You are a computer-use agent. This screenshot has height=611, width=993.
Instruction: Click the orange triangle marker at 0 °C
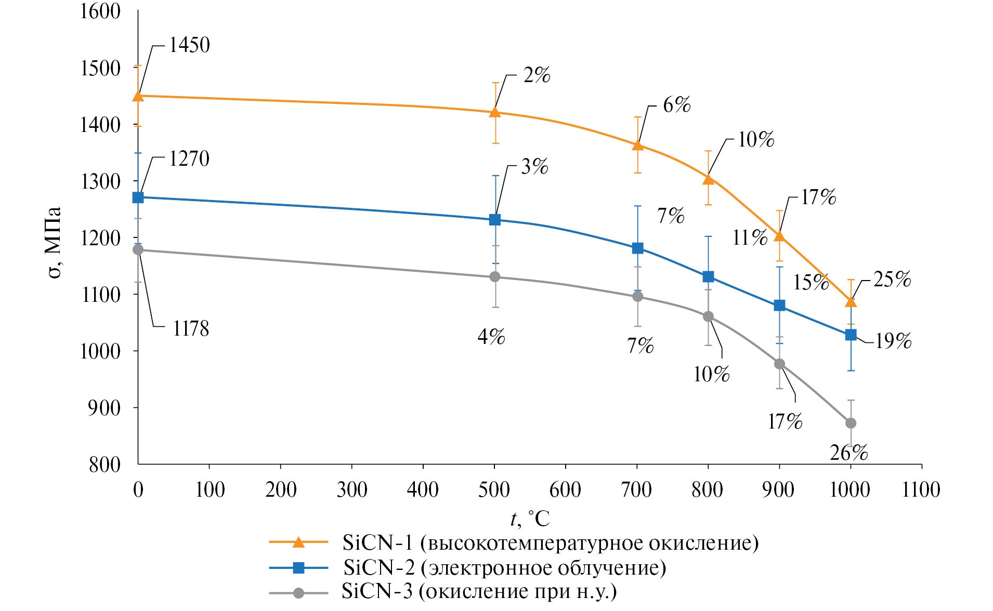[x=138, y=96]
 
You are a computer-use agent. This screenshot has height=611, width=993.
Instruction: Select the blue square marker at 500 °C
[x=495, y=220]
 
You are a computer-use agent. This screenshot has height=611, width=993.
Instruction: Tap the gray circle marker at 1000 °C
[x=851, y=423]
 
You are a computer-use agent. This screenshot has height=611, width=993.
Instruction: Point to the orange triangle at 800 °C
[x=708, y=179]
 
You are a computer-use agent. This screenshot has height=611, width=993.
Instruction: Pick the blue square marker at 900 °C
[x=779, y=305]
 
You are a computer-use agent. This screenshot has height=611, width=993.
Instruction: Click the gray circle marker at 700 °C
[x=637, y=297]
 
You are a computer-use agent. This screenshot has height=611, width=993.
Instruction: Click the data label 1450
[x=189, y=45]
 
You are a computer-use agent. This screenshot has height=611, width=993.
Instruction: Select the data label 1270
[x=189, y=159]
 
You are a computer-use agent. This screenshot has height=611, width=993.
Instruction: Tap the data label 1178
[x=191, y=329]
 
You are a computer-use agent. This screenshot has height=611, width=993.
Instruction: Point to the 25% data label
[x=892, y=280]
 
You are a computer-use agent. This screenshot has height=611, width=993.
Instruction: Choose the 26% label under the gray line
[x=848, y=453]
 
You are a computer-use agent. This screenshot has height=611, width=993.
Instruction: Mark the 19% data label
[x=893, y=341]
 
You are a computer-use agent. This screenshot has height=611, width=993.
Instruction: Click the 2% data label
[x=537, y=75]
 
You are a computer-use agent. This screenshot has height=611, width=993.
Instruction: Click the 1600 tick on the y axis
[x=100, y=11]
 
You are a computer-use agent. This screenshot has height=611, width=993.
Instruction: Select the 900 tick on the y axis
[x=104, y=408]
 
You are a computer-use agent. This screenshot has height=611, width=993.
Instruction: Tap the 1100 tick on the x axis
[x=921, y=489]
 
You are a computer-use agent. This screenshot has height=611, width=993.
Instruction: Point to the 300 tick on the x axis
[x=352, y=489]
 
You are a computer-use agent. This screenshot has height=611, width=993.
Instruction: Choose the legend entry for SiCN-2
[x=504, y=567]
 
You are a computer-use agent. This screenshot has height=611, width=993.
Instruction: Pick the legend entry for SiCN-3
[x=478, y=592]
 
